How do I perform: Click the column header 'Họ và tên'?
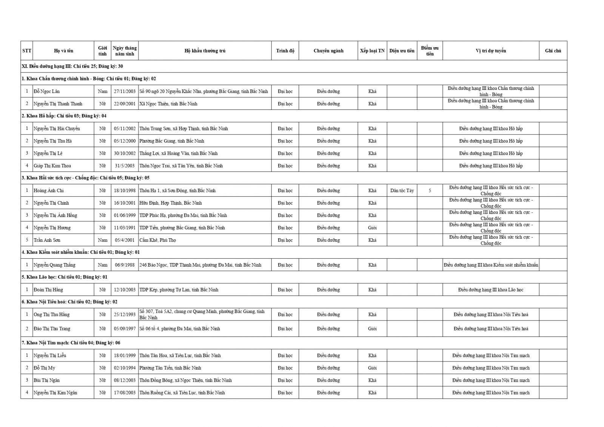coord(63,51)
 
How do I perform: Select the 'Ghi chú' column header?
coord(553,51)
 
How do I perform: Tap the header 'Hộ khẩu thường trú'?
coord(205,51)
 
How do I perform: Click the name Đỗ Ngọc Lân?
coord(46,91)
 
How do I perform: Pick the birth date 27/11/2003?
coord(125,91)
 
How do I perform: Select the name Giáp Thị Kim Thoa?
coord(52,166)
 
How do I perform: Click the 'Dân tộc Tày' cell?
coord(402,191)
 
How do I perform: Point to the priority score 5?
coord(430,191)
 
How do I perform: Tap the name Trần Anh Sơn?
coord(47,240)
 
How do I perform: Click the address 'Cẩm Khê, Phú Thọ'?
coord(157,240)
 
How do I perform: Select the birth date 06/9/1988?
coord(125,265)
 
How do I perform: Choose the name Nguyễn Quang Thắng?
coord(54,265)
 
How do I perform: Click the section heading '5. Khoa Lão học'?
coord(64,277)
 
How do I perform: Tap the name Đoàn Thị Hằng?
coord(48,290)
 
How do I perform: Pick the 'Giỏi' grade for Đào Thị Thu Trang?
coord(372,329)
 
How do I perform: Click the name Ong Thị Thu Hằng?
coord(51,314)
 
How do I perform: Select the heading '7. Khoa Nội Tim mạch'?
coord(71,343)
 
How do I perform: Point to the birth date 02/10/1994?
coord(125,368)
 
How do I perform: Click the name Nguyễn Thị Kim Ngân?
coord(55,393)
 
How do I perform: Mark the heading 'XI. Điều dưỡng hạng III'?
coord(72,66)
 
